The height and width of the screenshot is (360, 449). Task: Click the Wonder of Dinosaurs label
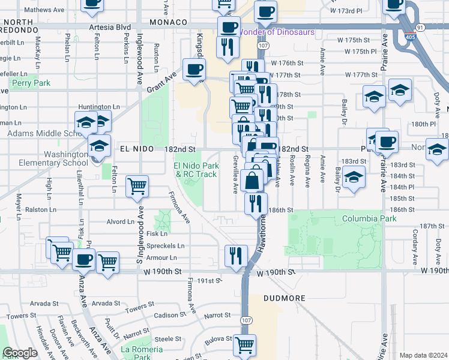tap(277, 32)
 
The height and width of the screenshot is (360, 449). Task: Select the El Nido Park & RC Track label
tap(195, 170)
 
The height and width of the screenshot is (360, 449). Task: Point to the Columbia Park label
tap(369, 219)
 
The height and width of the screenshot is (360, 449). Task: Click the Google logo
tap(20, 353)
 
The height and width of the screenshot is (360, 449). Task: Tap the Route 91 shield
tap(420, 28)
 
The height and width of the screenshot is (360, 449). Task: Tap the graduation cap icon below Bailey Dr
tap(354, 178)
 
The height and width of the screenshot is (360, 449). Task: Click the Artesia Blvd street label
tap(109, 28)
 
